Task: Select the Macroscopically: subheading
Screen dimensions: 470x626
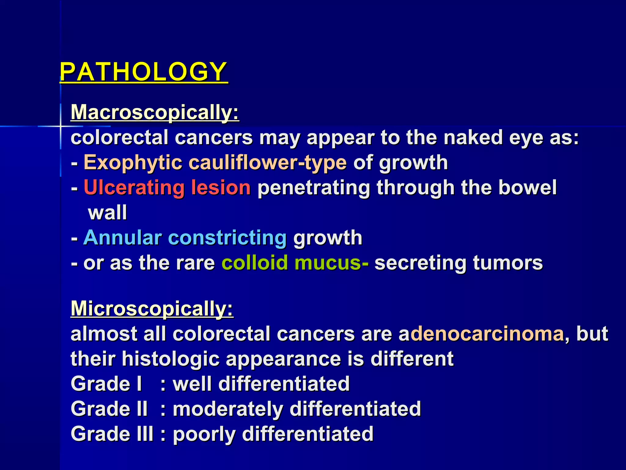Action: [x=155, y=112]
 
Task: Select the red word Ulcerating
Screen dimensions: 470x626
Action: [x=134, y=187]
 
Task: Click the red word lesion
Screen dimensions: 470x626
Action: [x=221, y=187]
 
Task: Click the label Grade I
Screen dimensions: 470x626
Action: [x=106, y=384]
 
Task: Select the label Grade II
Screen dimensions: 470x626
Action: [x=109, y=409]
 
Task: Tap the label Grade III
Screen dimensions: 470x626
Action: [x=112, y=434]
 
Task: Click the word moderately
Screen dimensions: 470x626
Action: [x=228, y=409]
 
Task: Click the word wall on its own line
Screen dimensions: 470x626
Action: [x=107, y=212]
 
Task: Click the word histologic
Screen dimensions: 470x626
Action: [x=171, y=359]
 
